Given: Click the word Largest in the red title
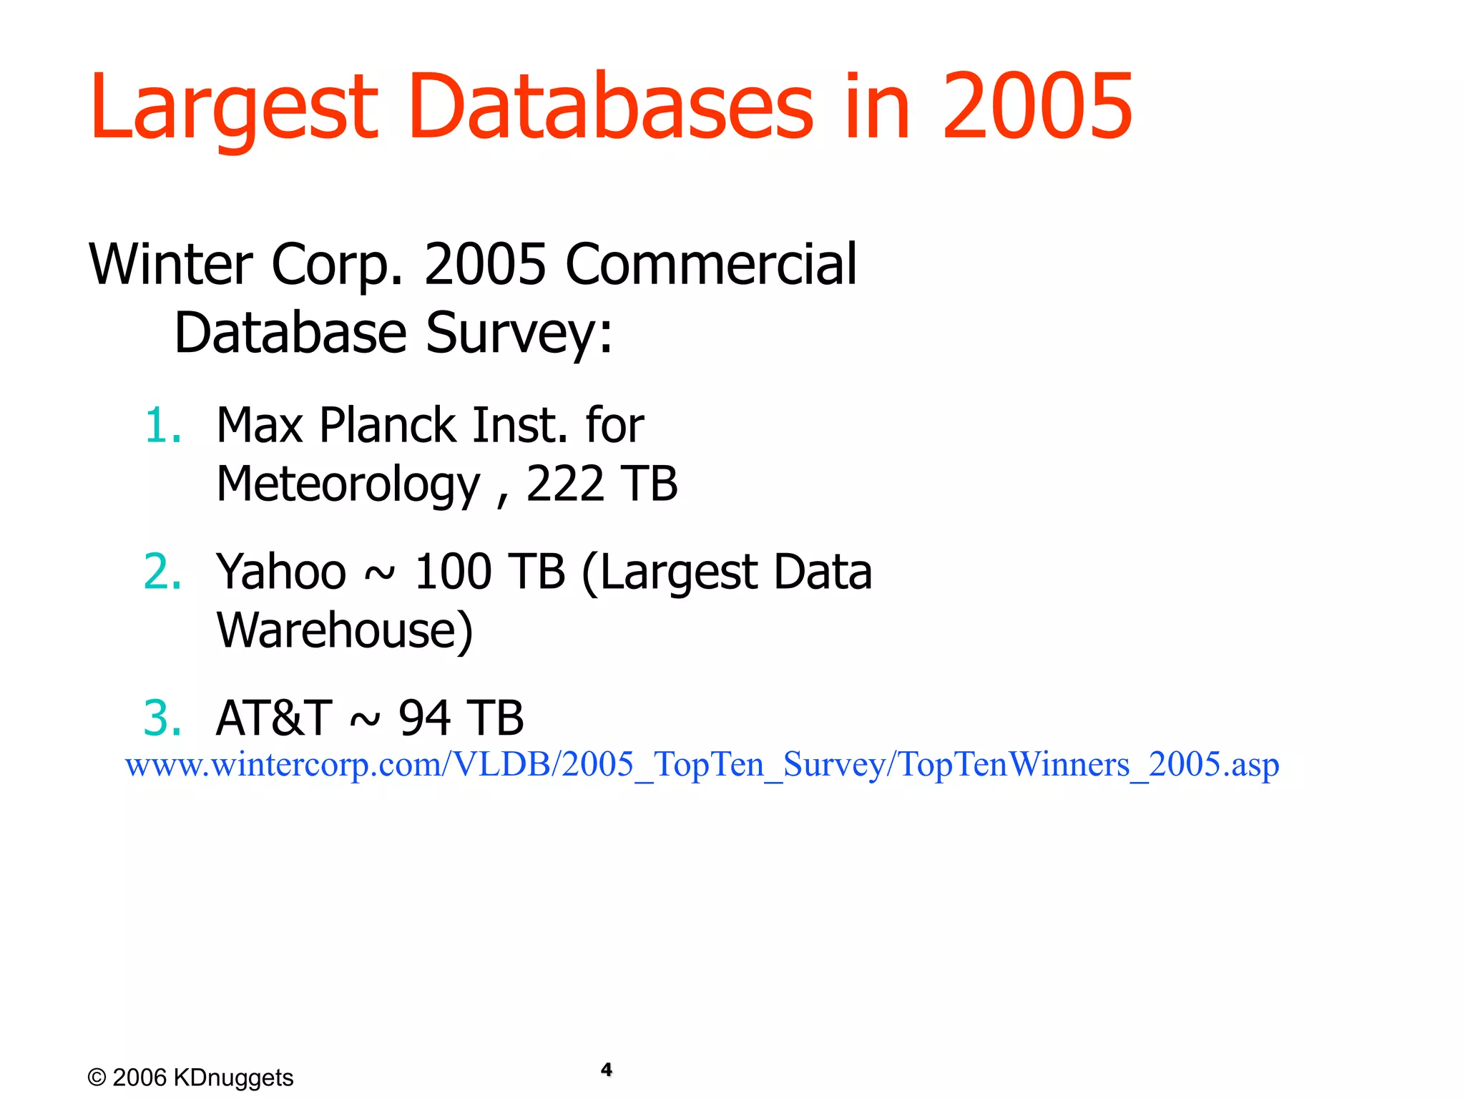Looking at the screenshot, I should (233, 107).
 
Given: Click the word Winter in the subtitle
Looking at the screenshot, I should (171, 265).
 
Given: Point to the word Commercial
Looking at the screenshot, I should (711, 265).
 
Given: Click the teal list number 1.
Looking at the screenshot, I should (162, 426).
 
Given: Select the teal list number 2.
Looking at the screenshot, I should (162, 572).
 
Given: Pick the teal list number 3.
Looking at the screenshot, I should (162, 718).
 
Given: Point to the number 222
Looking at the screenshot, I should (565, 484).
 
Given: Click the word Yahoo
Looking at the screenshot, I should (281, 572).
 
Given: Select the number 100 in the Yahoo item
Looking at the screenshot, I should (453, 572).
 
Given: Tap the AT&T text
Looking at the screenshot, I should (274, 718).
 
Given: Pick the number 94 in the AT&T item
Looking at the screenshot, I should (424, 718).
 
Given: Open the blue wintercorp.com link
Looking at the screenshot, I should (702, 765).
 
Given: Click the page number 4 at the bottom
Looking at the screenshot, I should (607, 1070).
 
